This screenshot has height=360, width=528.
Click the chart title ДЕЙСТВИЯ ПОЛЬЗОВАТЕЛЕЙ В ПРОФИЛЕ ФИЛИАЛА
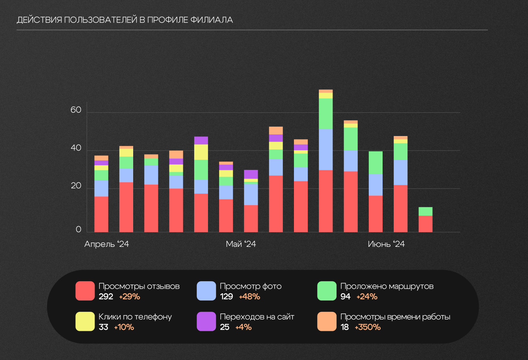click(125, 20)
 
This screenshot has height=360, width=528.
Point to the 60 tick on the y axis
click(76, 110)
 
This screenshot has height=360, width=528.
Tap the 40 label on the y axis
click(76, 148)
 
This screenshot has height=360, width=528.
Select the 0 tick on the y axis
click(78, 229)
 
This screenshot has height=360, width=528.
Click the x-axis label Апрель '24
click(106, 244)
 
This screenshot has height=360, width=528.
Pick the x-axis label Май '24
click(241, 244)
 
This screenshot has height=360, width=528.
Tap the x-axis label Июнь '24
click(386, 244)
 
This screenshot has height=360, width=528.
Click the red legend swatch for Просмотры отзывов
click(85, 291)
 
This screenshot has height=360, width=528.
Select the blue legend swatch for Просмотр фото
click(206, 291)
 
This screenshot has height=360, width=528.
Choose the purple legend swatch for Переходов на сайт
click(206, 321)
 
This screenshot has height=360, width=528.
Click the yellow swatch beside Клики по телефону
click(85, 321)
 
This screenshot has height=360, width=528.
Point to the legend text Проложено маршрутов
click(387, 286)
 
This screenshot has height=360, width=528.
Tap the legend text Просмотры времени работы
click(395, 317)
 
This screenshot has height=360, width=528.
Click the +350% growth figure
click(368, 327)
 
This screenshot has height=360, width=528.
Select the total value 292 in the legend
click(106, 297)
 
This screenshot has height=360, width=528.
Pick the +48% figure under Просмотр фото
click(249, 297)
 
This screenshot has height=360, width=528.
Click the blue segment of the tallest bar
click(326, 149)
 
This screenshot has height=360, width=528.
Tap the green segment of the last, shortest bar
click(426, 211)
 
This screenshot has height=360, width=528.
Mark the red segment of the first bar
click(101, 214)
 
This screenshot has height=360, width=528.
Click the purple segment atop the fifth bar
click(201, 140)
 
